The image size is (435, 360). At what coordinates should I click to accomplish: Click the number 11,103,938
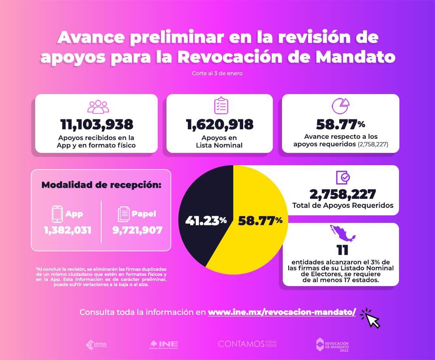tap(96, 124)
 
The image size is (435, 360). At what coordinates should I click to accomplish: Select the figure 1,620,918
tap(219, 124)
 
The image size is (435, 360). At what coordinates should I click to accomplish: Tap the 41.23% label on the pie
tap(206, 221)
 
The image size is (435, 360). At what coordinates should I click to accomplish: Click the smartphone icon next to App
tap(58, 214)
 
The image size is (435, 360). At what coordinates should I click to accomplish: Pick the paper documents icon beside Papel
tap(124, 214)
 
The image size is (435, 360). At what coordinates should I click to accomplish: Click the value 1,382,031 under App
tap(68, 230)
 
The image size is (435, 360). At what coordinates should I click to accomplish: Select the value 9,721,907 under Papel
tap(137, 230)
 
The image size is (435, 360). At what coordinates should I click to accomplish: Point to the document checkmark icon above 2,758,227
tap(342, 177)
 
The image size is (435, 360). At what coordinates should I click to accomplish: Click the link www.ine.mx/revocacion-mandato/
tap(282, 312)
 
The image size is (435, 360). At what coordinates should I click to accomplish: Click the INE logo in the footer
tap(164, 344)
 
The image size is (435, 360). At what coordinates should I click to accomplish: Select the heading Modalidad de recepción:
tap(101, 185)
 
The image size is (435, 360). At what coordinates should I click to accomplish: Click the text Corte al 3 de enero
tap(217, 74)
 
